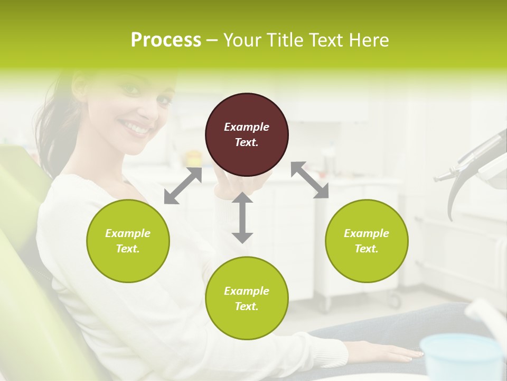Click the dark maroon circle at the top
click(x=247, y=134)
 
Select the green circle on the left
click(x=128, y=241)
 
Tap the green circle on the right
click(x=367, y=241)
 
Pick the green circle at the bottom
click(x=247, y=298)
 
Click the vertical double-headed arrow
click(x=242, y=217)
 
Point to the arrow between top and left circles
click(x=183, y=186)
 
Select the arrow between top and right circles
click(x=309, y=180)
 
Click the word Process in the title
click(x=166, y=40)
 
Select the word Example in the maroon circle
click(x=247, y=127)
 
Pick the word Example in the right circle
click(x=367, y=233)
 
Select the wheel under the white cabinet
click(x=395, y=302)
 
